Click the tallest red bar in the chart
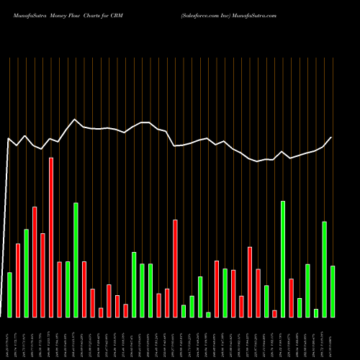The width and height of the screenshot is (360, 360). coord(51,237)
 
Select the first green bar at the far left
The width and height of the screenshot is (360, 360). coord(9,294)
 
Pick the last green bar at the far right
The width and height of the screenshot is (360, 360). coord(333,291)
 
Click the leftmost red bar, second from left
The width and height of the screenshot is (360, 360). coord(18,280)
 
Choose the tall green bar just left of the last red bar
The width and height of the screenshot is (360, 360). coord(283,258)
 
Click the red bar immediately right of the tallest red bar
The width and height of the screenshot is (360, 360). coord(60,289)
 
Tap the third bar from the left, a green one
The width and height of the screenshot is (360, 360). coord(26,273)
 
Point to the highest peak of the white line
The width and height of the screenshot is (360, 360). coord(75,120)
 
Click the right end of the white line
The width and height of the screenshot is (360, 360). coord(332,137)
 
